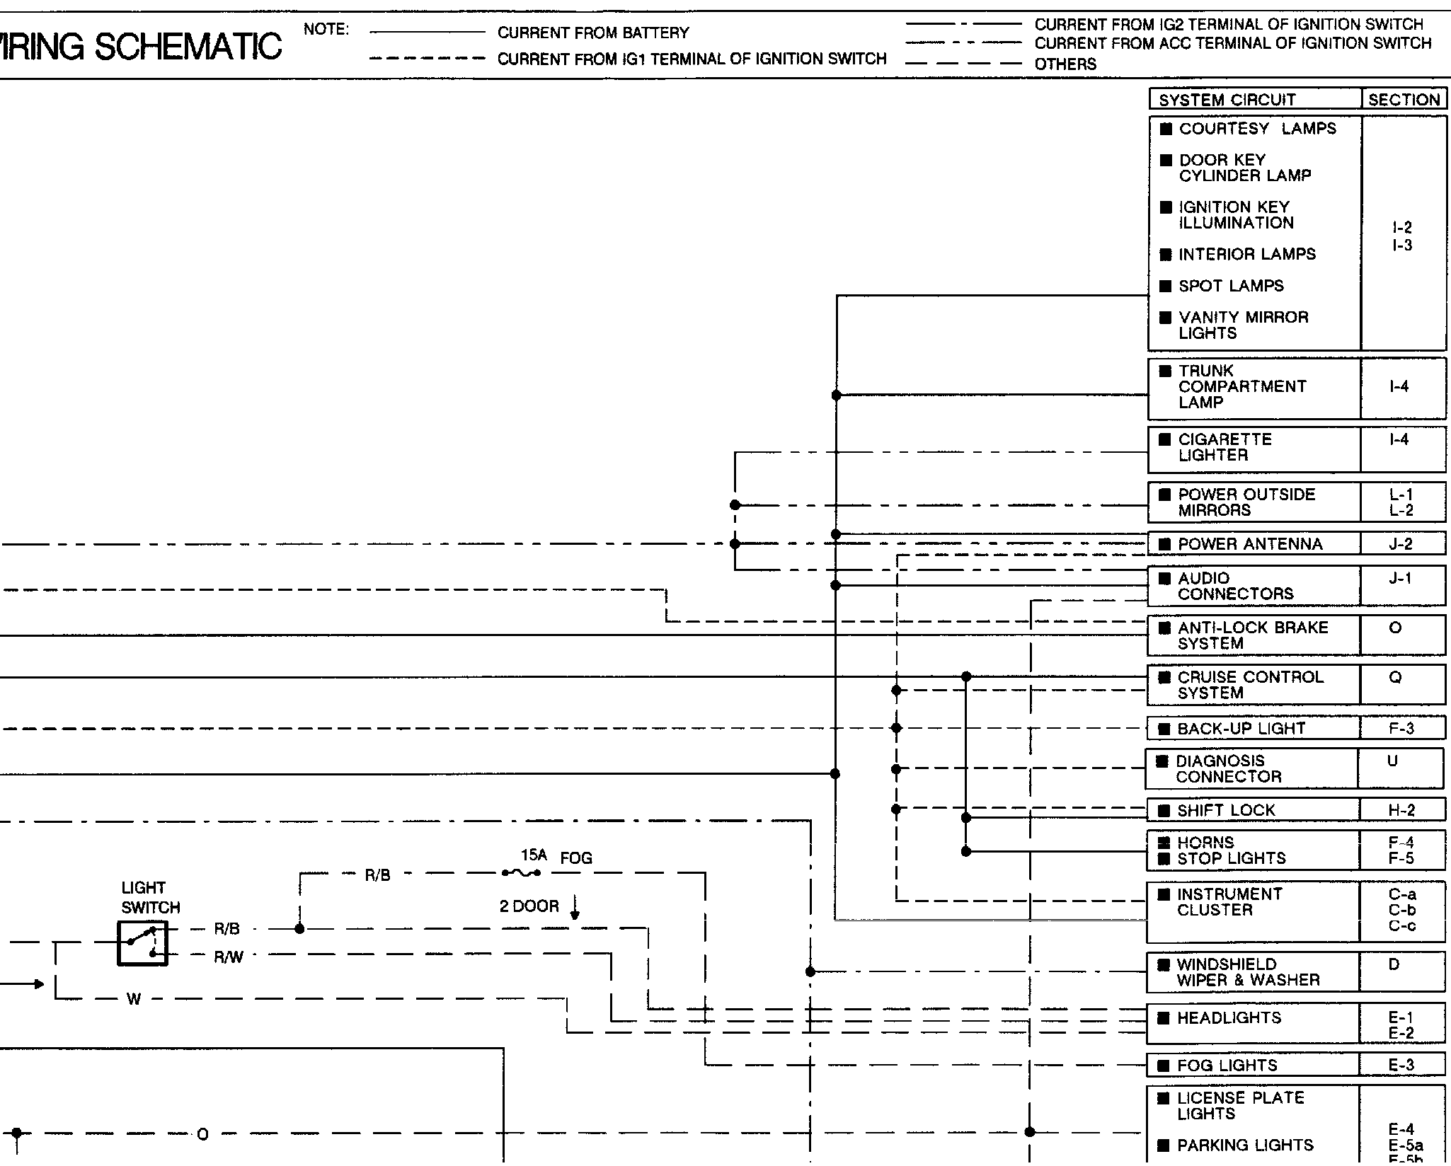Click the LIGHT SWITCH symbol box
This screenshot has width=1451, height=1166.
pyautogui.click(x=142, y=942)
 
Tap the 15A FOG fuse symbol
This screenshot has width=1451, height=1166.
pyautogui.click(x=521, y=872)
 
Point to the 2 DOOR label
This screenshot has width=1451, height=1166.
pyautogui.click(x=529, y=906)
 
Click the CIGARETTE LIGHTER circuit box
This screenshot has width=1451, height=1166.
pyautogui.click(x=1253, y=449)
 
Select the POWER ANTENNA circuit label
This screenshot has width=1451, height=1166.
pyautogui.click(x=1250, y=544)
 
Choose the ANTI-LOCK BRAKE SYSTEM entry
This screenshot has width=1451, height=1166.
pyautogui.click(x=1253, y=635)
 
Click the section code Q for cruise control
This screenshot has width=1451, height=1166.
pyautogui.click(x=1395, y=678)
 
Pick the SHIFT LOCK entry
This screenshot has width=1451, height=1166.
pyautogui.click(x=1226, y=810)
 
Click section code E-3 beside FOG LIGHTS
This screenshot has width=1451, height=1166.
pyautogui.click(x=1401, y=1066)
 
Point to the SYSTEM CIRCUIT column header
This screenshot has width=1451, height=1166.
pyautogui.click(x=1227, y=100)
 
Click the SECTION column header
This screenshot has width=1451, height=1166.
pyautogui.click(x=1404, y=100)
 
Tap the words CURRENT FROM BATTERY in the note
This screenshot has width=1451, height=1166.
pyautogui.click(x=593, y=33)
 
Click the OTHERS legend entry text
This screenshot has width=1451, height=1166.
pyautogui.click(x=1065, y=64)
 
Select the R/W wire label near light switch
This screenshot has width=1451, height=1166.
pyautogui.click(x=229, y=958)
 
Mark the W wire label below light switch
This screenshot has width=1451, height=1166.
pyautogui.click(x=134, y=1000)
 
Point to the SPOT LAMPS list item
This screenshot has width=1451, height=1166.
pyautogui.click(x=1231, y=286)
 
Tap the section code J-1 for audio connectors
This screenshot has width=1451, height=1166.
pyautogui.click(x=1399, y=579)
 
